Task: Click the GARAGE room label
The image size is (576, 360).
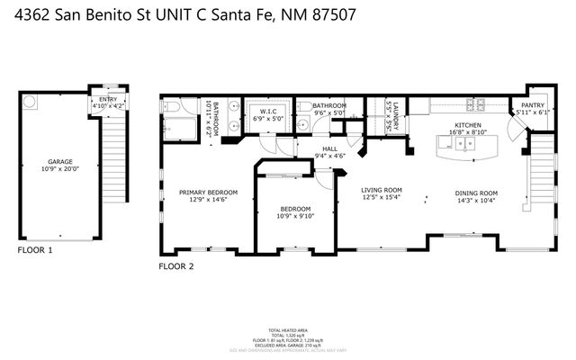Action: click(x=60, y=161)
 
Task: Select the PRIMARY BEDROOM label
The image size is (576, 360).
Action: click(x=208, y=192)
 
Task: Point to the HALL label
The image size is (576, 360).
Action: click(x=329, y=149)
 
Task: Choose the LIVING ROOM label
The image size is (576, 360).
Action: click(x=381, y=190)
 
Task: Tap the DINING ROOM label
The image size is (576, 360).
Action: click(x=475, y=193)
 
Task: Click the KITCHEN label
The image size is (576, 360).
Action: click(x=468, y=125)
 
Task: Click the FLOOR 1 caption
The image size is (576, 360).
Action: click(x=35, y=249)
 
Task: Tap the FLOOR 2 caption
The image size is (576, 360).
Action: click(x=176, y=266)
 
